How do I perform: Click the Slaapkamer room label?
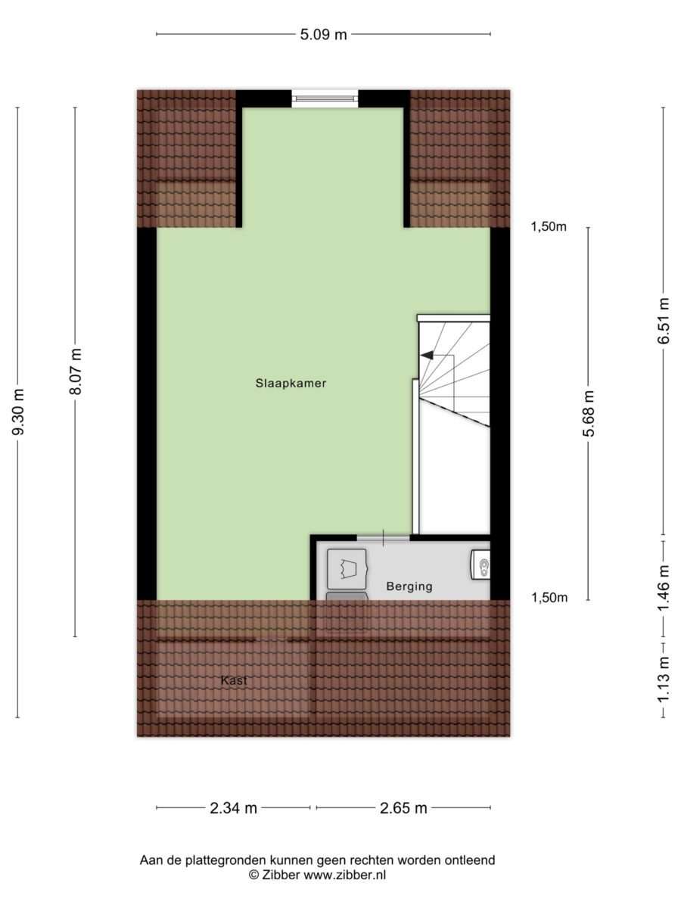coord(291,384)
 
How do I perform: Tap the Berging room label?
coord(409,586)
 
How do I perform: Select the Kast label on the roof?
coord(234,680)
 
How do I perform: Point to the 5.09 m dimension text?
coord(323,34)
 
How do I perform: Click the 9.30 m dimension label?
coord(18,412)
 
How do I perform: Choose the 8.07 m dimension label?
coord(75,372)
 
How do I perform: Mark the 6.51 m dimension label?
coord(664,321)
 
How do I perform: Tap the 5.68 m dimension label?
coord(588,413)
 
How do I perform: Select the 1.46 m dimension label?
coord(664,588)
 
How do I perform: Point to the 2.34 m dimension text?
coord(233,807)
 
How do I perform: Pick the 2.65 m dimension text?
coord(403,807)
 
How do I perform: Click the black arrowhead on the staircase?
coord(427,355)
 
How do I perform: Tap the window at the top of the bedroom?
coord(325,98)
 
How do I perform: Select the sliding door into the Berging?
coord(384,538)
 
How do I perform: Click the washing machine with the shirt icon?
coord(347,569)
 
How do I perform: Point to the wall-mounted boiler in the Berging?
coord(480,564)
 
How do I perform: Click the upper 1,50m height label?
coord(549,227)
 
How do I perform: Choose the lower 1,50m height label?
coord(549,597)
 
